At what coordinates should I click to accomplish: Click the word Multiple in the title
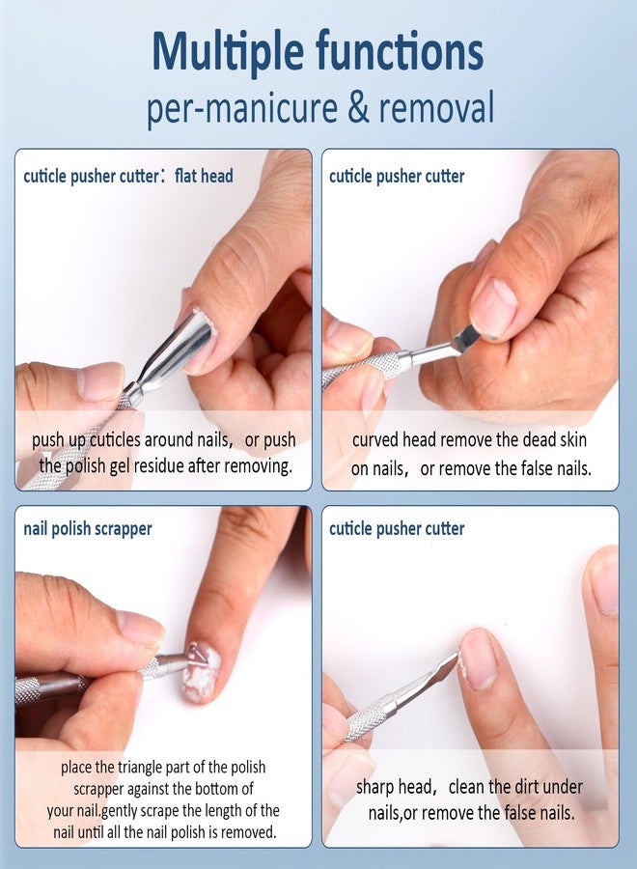click(228, 53)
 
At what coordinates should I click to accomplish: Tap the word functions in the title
click(400, 51)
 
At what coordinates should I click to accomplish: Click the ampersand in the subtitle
click(359, 107)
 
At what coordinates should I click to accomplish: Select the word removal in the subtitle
click(436, 107)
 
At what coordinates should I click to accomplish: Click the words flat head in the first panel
click(204, 177)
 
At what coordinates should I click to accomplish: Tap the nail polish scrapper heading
click(88, 529)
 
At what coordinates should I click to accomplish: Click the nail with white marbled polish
click(202, 672)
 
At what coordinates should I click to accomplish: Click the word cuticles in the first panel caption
click(115, 440)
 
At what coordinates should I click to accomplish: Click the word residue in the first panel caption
click(159, 466)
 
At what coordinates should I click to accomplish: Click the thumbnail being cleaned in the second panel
click(493, 308)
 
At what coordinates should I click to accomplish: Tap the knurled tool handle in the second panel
click(360, 369)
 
